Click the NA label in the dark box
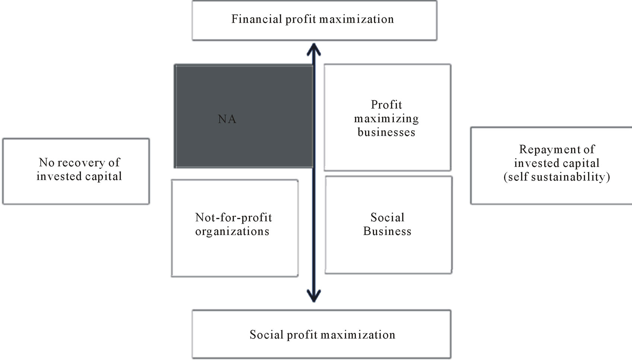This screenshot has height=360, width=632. tap(227, 119)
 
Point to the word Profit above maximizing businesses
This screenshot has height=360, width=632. tap(386, 105)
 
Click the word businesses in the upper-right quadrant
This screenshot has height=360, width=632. tap(386, 132)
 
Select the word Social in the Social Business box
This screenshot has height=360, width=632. tap(388, 217)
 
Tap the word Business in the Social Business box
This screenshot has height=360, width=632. tap(387, 231)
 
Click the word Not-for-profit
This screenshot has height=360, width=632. tap(234, 218)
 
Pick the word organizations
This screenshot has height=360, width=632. tap(232, 232)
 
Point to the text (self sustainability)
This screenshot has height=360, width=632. tap(557, 177)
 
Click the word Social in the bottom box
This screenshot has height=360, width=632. tap(267, 335)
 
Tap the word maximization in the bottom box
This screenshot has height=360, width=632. tap(358, 335)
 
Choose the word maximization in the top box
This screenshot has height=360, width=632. tap(357, 19)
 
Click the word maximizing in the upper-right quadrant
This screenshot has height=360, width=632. tap(386, 119)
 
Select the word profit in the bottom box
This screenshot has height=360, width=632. tap(303, 335)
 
